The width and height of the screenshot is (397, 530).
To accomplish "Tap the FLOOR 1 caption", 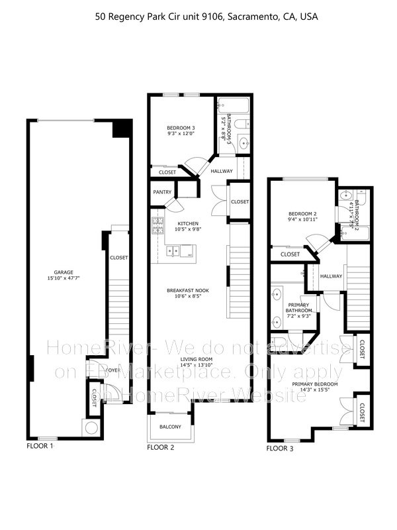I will [39, 446].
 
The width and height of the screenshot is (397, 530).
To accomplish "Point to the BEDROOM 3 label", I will [180, 127].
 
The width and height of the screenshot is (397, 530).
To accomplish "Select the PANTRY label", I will [162, 193].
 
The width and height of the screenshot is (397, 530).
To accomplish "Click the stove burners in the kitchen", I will [157, 226].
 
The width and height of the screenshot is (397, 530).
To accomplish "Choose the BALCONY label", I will [170, 427].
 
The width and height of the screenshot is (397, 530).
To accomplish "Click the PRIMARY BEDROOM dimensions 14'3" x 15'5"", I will [315, 390].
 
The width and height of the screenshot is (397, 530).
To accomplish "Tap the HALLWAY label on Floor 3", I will [331, 276].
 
